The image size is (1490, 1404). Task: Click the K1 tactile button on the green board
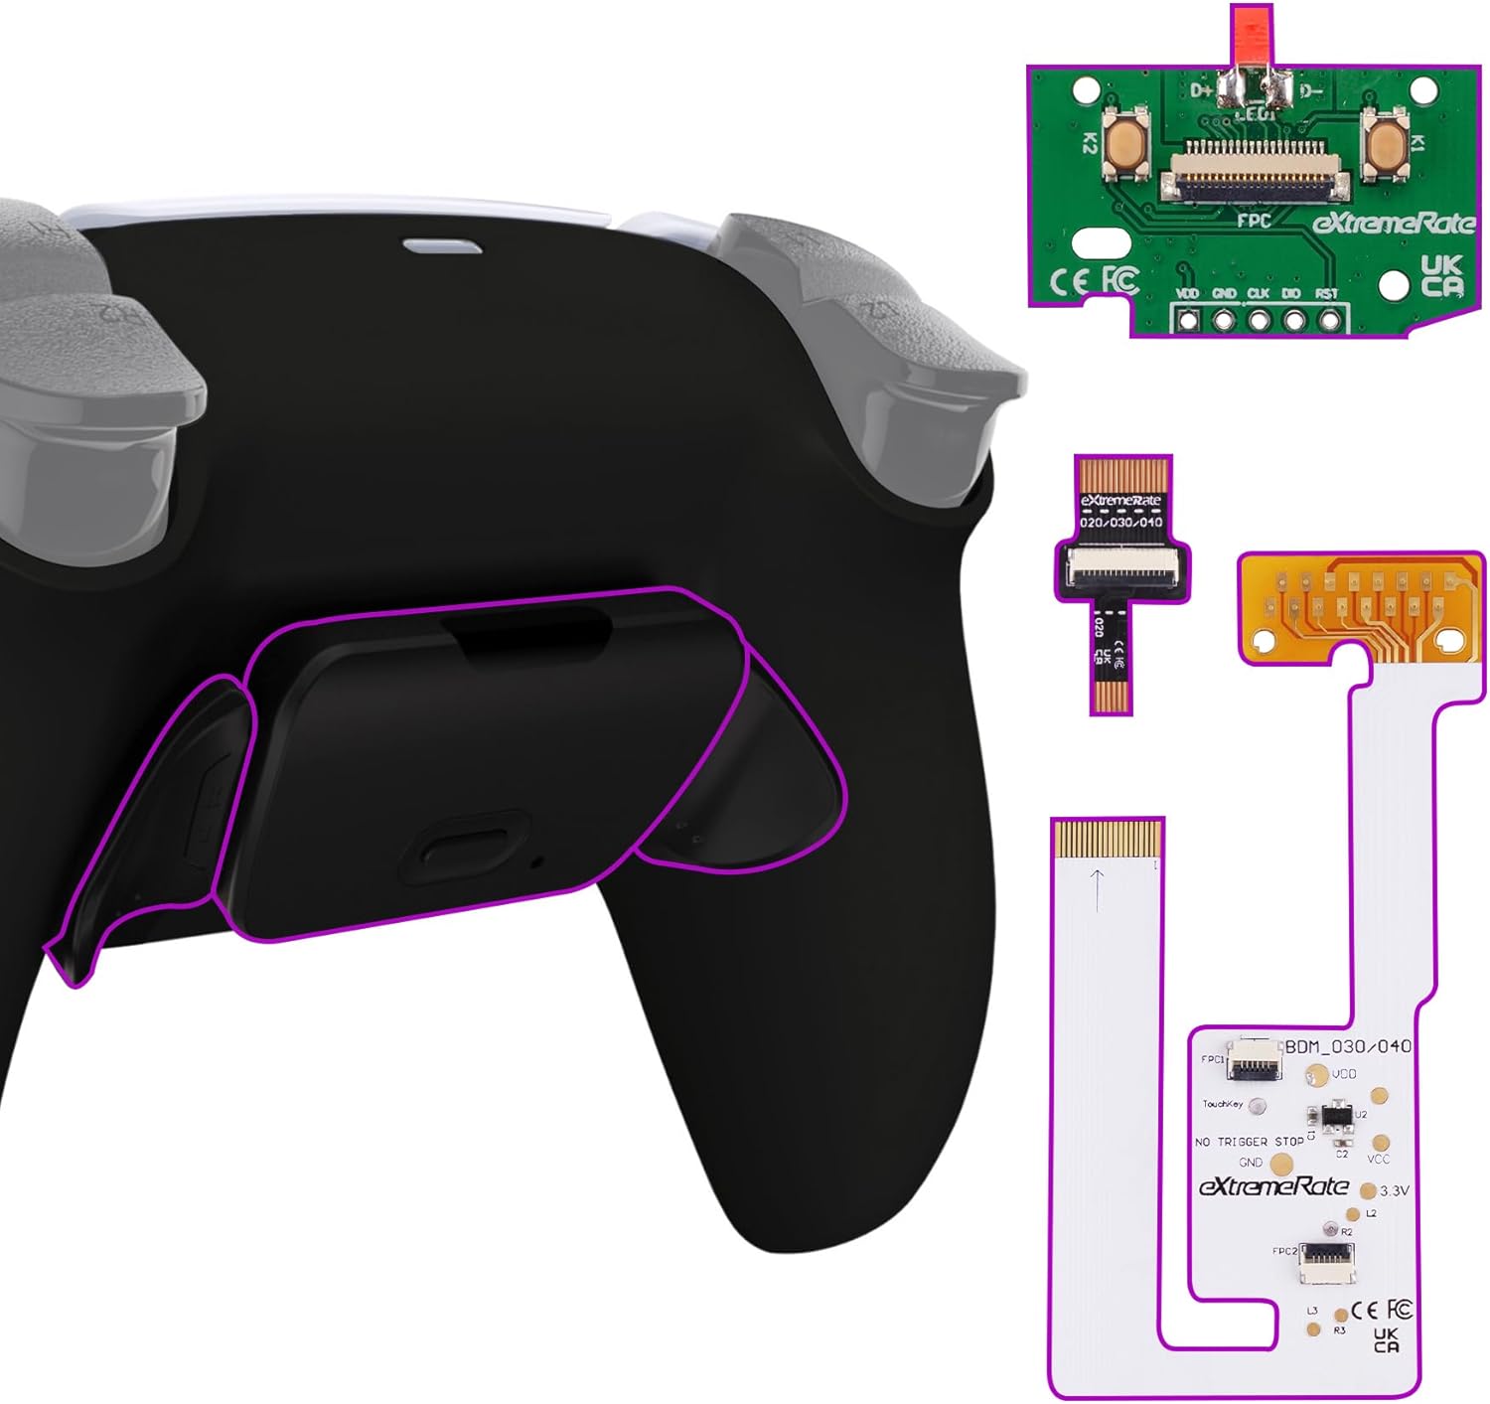pos(1382,143)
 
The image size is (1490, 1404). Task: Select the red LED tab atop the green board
pos(1251,36)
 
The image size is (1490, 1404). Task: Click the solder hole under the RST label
pos(1329,320)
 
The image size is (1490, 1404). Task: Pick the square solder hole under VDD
pos(1188,320)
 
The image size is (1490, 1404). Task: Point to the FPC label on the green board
pos(1254,220)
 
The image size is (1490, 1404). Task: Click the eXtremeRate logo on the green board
pos(1394,223)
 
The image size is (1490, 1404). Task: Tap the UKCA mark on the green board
pos(1441,276)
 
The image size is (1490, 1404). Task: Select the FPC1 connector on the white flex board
pos(1254,1062)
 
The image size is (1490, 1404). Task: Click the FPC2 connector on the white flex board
pos(1327,1262)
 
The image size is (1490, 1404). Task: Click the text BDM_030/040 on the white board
pos(1348,1046)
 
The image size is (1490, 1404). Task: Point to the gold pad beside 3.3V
pos(1368,1190)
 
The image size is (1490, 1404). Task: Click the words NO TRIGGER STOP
pos(1249,1142)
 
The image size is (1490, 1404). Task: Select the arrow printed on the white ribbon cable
pos(1097,888)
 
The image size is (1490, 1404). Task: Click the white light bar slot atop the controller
pos(442,245)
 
